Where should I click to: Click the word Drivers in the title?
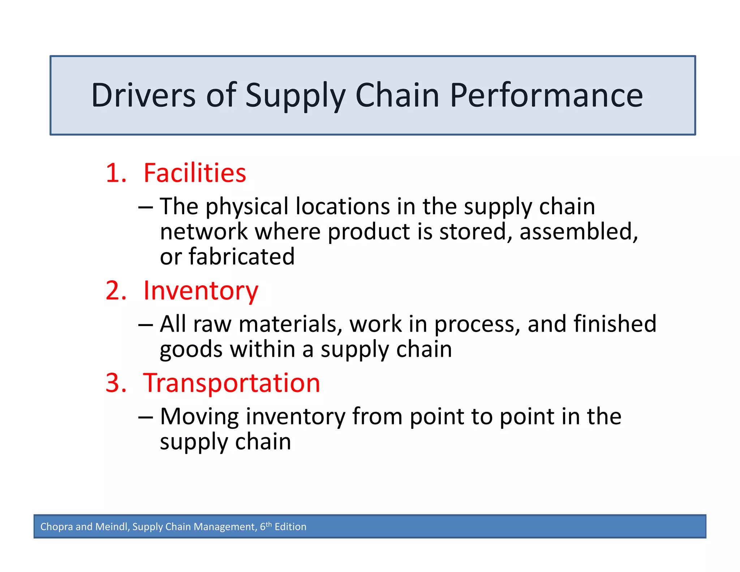point(143,95)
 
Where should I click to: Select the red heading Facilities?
point(195,173)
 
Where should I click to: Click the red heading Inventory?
point(201,291)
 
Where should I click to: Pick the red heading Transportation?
point(232,383)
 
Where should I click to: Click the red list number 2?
point(116,291)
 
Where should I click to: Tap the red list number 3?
point(116,383)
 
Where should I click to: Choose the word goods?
point(191,350)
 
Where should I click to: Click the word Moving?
point(199,417)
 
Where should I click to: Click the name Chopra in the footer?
point(56,527)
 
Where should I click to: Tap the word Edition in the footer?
point(291,527)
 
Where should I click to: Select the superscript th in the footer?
point(269,524)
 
